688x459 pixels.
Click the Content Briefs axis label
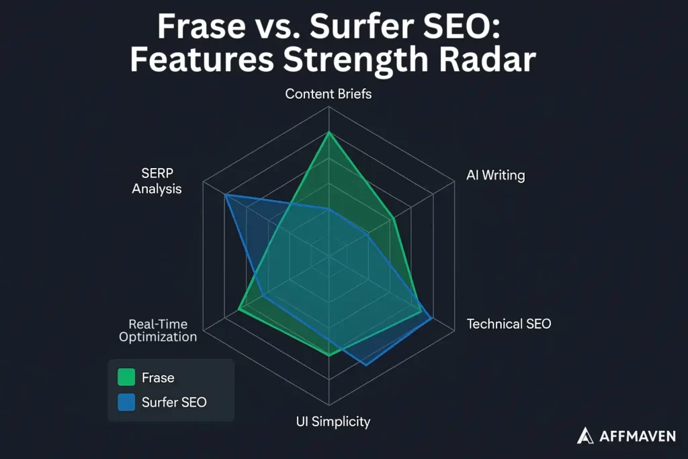[x=328, y=93]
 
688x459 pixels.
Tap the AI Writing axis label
[x=495, y=175]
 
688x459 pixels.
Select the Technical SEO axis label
[x=509, y=324]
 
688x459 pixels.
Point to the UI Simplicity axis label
[x=333, y=421]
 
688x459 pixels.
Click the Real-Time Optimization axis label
[x=158, y=330]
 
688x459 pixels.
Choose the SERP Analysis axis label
[x=157, y=181]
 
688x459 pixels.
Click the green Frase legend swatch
[x=126, y=378]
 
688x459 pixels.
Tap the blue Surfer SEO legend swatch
[x=126, y=402]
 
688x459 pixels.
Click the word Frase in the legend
[x=158, y=378]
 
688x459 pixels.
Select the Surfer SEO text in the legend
[x=174, y=402]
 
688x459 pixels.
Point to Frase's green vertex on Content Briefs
[x=329, y=132]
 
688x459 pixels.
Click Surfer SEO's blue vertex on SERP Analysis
[x=225, y=195]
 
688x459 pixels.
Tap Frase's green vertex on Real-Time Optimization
[x=239, y=310]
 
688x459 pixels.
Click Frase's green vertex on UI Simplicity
[x=329, y=355]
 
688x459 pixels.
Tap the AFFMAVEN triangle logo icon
[x=585, y=435]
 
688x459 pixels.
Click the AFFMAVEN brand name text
[x=636, y=436]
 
